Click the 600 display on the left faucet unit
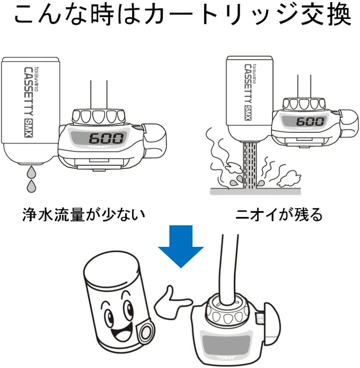106,138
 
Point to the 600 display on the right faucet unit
310,121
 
